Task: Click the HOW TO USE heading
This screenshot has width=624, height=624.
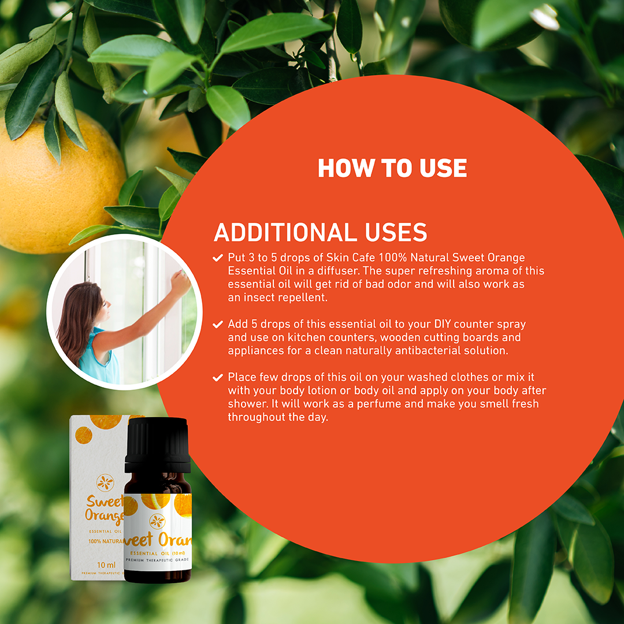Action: pos(392,168)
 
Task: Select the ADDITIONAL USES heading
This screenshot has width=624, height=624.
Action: pos(320,232)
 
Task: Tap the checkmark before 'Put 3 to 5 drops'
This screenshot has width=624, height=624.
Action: pos(218,258)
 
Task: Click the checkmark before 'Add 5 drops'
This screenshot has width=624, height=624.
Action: pos(218,324)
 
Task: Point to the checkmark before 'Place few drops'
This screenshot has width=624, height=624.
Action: pos(218,377)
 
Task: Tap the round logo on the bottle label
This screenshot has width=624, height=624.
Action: pos(157,521)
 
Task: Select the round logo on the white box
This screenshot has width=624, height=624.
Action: pos(105,482)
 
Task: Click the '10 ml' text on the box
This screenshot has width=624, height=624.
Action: pos(106,564)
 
